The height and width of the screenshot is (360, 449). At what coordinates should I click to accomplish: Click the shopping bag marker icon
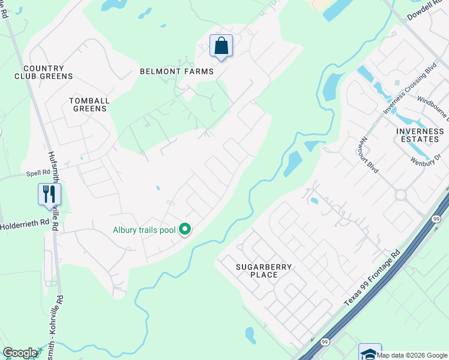click(x=221, y=46)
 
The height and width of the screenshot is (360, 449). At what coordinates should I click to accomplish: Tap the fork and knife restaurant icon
click(x=49, y=194)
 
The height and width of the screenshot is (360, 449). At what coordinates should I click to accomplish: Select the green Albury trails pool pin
click(x=185, y=229)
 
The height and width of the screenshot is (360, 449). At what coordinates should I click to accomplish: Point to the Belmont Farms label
click(x=176, y=71)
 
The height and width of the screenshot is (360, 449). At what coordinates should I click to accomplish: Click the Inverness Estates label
click(x=420, y=135)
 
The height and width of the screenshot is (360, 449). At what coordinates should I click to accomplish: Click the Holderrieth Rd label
click(x=25, y=226)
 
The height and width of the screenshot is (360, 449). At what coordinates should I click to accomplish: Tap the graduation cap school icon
click(x=370, y=353)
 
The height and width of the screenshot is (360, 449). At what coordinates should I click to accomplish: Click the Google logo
click(x=20, y=353)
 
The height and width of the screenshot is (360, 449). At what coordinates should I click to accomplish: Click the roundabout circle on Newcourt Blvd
click(x=400, y=194)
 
